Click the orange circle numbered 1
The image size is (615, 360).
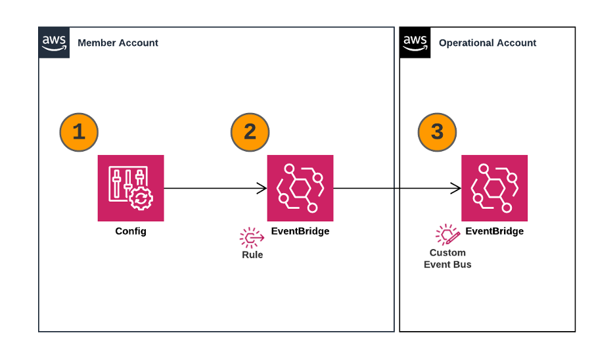(79, 131)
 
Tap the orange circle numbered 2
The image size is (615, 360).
(250, 131)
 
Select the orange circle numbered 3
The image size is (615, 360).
(438, 131)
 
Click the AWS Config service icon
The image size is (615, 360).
(131, 188)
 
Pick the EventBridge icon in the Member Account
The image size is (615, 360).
(300, 188)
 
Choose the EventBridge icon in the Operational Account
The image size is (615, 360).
(494, 188)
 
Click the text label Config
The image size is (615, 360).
(131, 231)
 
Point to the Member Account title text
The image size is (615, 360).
(118, 43)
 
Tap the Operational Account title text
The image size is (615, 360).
(488, 43)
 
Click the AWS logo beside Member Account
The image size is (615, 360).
(54, 43)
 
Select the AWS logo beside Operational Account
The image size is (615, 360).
(415, 43)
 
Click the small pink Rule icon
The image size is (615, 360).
(252, 238)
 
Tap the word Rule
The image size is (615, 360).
(252, 255)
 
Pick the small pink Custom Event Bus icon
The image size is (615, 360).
(447, 235)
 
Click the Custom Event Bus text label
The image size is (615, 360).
(447, 259)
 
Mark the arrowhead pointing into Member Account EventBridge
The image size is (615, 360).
(262, 189)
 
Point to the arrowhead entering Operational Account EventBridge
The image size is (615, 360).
(456, 189)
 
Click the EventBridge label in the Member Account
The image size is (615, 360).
(300, 231)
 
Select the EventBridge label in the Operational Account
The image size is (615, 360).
(494, 231)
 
